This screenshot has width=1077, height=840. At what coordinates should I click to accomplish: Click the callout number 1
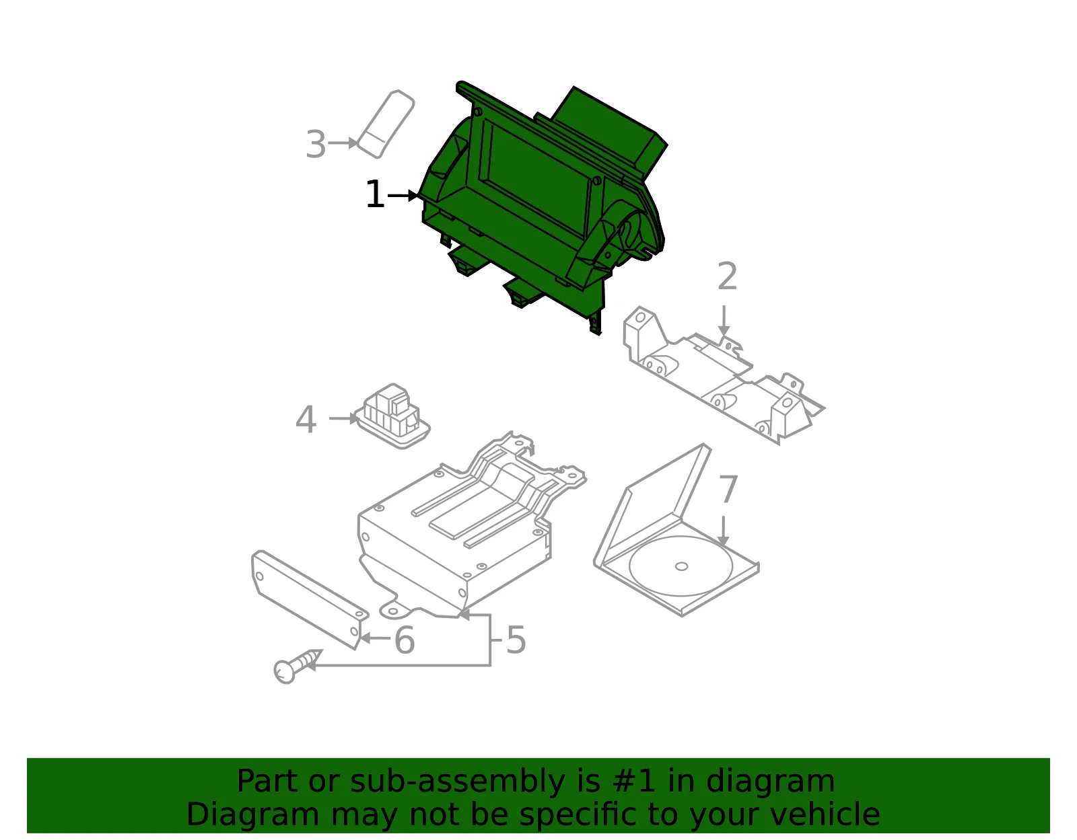coord(375,194)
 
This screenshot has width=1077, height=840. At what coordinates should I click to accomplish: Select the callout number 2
coord(727,276)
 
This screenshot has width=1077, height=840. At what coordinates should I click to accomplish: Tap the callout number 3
coord(316,145)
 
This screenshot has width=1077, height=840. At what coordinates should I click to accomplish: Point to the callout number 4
coord(306,420)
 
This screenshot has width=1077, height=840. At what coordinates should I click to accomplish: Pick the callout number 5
coord(516,640)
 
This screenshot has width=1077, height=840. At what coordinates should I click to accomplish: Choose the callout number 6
coord(405,640)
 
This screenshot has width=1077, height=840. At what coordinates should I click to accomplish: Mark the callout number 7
coord(728,489)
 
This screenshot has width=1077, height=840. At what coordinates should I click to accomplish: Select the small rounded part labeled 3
coord(386,124)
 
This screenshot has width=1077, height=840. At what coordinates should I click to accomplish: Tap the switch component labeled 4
coord(392,416)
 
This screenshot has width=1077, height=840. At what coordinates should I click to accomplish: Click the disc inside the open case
coord(681,566)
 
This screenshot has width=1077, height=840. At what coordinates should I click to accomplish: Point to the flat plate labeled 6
coord(310,599)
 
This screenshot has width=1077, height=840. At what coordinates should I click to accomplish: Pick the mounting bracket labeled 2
coord(723,375)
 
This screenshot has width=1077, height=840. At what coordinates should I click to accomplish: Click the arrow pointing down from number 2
coord(724,321)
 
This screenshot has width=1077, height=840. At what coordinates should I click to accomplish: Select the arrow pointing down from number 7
coord(724,531)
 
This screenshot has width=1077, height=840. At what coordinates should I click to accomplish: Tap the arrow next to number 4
coord(343,419)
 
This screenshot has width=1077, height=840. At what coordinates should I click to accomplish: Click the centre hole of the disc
coord(681,566)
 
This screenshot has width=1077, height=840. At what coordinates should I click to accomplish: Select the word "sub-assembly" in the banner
coord(457,781)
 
